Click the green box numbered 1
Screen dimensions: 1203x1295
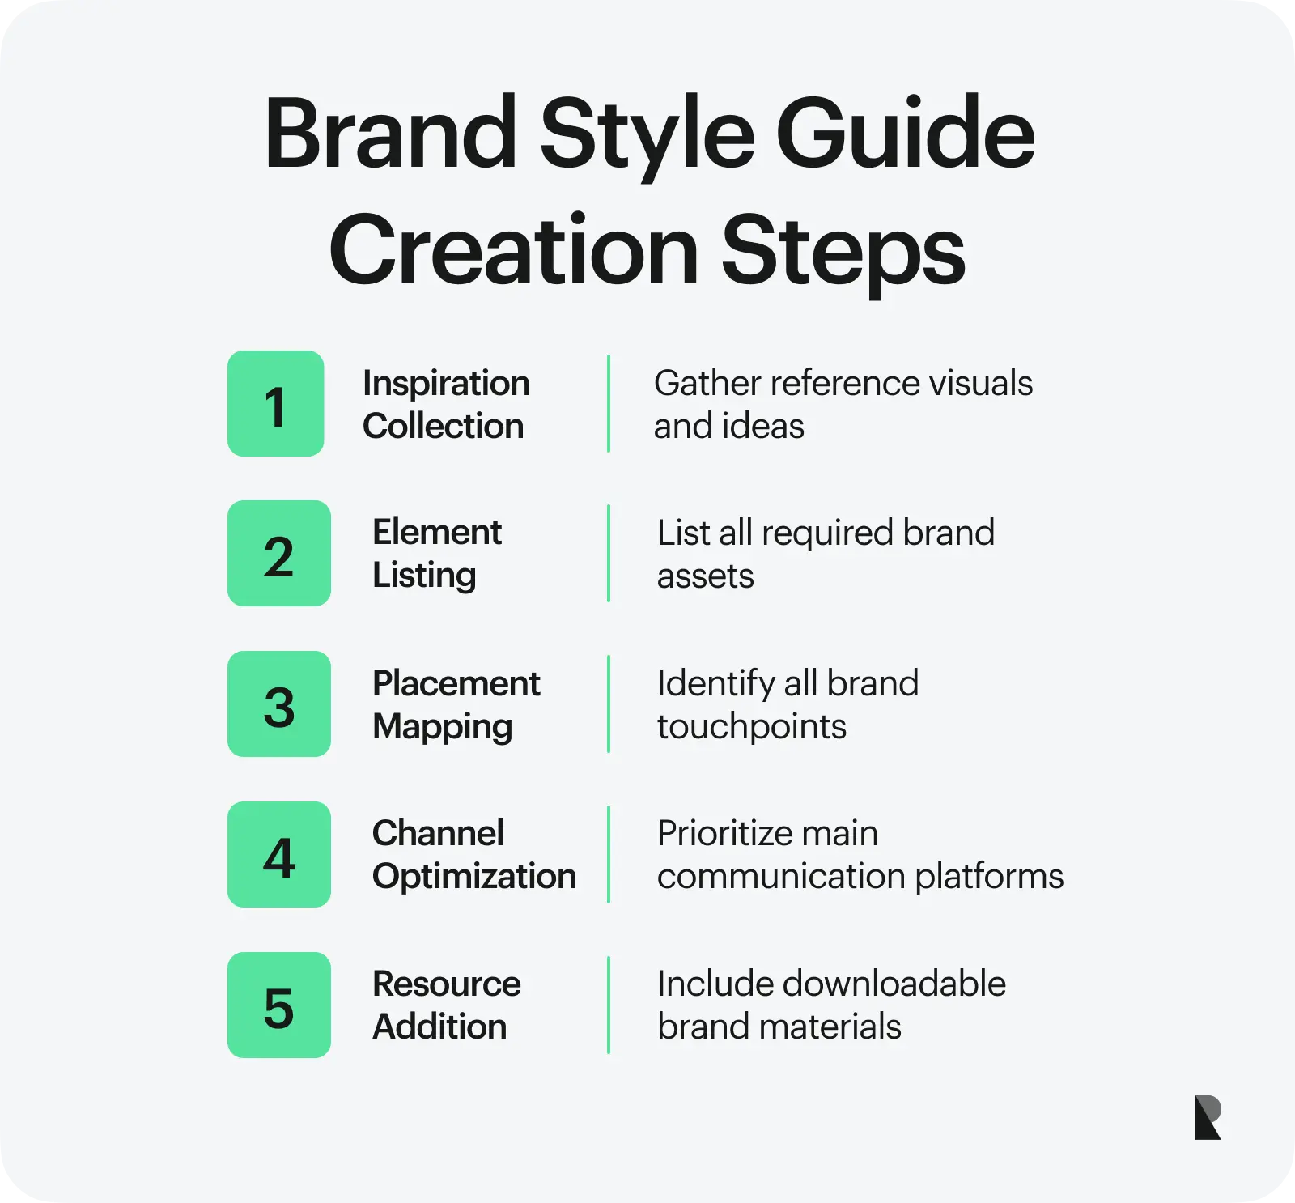coord(275,403)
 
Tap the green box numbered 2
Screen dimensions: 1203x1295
coord(278,554)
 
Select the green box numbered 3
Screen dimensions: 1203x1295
coord(278,704)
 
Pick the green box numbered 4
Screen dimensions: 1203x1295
coord(278,855)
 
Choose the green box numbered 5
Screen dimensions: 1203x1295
coord(278,1005)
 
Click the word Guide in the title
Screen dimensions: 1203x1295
coord(905,134)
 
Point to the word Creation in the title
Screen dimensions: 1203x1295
coord(513,251)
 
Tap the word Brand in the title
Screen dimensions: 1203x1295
coord(391,134)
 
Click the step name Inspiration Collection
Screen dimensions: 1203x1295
coord(446,404)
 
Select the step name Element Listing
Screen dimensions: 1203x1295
coord(436,554)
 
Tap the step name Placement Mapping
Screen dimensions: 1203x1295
coord(456,704)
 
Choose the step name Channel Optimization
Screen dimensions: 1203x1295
coord(473,855)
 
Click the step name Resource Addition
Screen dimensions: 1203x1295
coord(446,1005)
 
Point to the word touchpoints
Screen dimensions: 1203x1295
coord(751,727)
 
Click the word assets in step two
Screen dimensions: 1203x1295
coord(705,576)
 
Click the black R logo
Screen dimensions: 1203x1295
coord(1208,1118)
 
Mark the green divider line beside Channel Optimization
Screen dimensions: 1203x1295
coord(609,855)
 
